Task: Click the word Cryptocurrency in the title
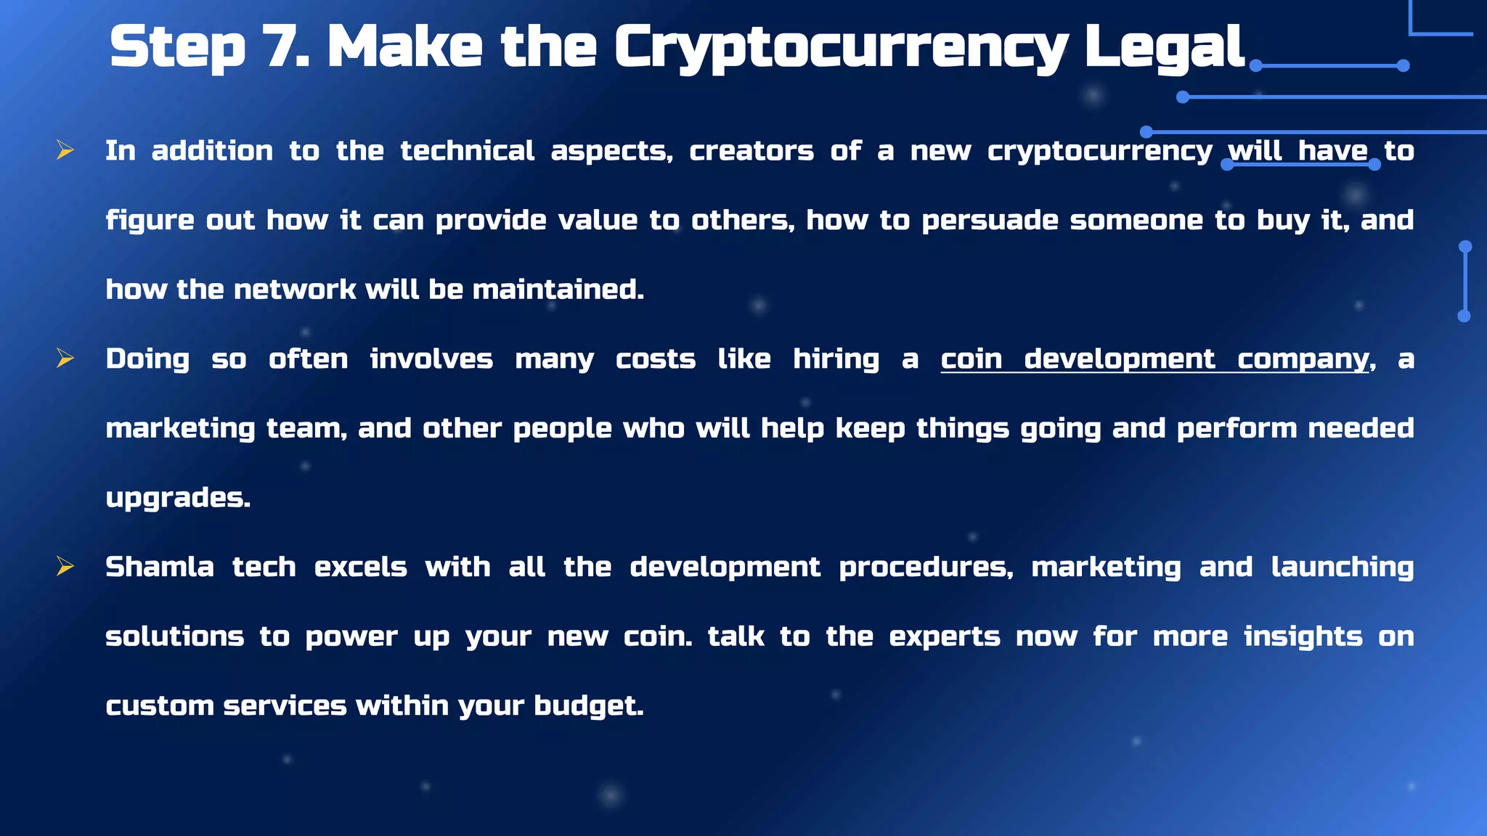[x=841, y=47]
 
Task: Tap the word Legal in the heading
[x=1165, y=47]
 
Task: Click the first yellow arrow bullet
[x=65, y=150]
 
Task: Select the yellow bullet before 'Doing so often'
[x=65, y=358]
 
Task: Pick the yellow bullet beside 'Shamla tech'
[x=65, y=567]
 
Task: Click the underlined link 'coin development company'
[x=1154, y=359]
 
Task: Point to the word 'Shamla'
[x=160, y=567]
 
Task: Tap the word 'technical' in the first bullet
[x=468, y=151]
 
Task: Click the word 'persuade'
[x=990, y=220]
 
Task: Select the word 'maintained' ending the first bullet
[x=557, y=290]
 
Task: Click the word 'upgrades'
[x=177, y=498]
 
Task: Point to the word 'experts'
[x=945, y=636]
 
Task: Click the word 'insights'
[x=1303, y=636]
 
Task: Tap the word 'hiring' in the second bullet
[x=836, y=359]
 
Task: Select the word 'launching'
[x=1343, y=567]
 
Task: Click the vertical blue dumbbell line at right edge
[x=1464, y=281]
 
